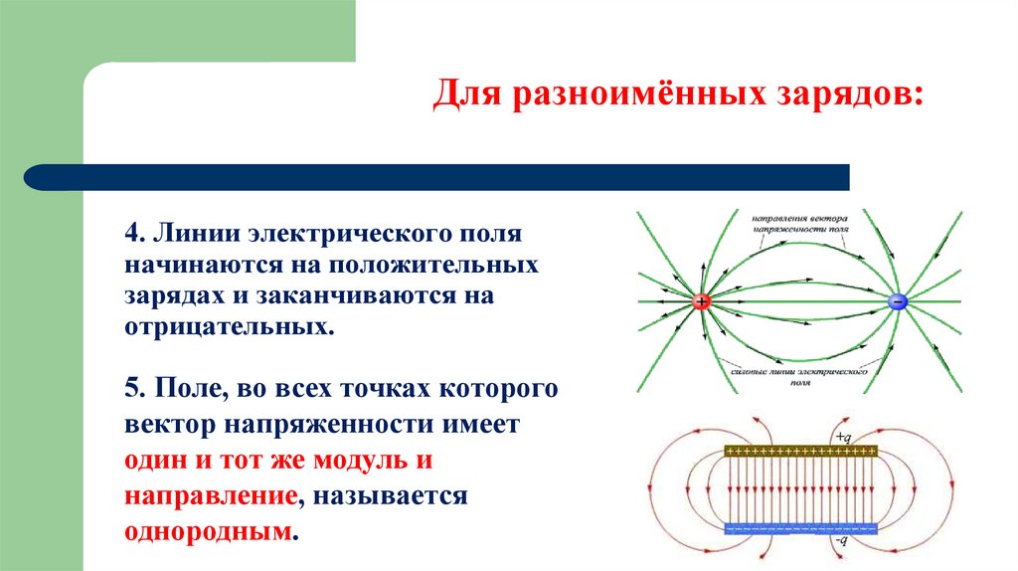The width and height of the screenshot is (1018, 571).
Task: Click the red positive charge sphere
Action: [702, 301]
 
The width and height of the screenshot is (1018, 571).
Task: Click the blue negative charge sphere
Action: [897, 301]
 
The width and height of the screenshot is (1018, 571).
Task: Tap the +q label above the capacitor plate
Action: [843, 436]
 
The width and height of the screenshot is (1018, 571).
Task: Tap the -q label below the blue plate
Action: [841, 541]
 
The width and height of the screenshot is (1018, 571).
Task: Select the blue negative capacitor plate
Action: [801, 527]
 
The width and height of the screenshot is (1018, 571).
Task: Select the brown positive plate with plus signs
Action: [801, 451]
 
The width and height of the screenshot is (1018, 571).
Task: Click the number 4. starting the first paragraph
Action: [136, 236]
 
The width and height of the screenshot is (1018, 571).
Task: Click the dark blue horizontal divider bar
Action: [437, 177]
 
